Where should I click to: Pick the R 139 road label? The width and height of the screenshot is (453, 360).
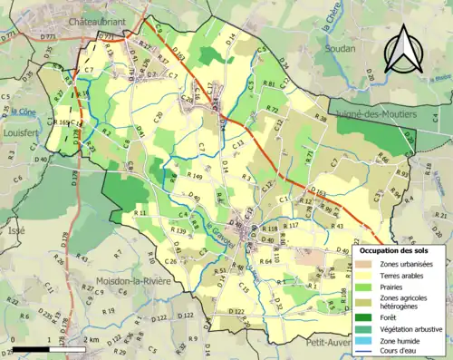point(178,232)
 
